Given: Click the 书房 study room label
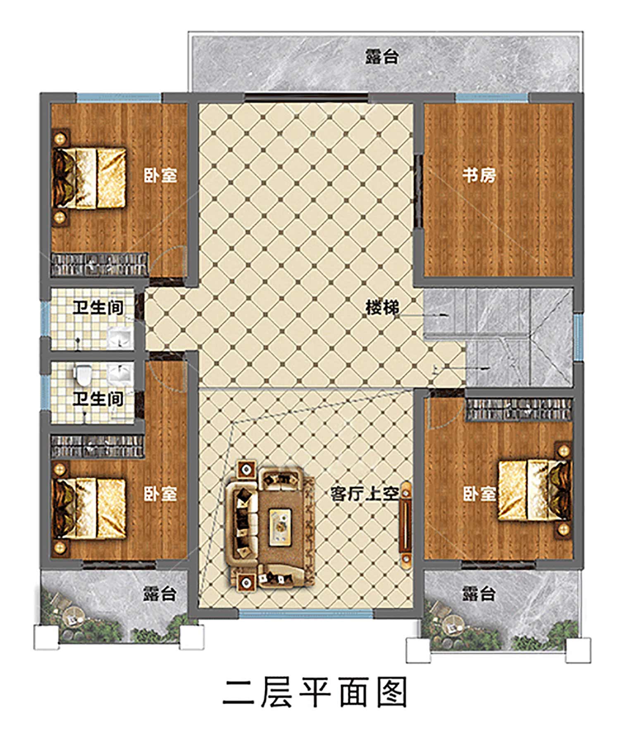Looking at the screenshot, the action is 479,175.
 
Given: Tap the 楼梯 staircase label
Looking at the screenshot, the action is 382,307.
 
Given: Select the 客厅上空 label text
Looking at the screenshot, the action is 365,493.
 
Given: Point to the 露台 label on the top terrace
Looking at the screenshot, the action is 382,57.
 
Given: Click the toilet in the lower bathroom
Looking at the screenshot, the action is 83,374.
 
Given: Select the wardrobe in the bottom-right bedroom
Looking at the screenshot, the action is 519,409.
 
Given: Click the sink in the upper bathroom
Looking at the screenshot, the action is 120,338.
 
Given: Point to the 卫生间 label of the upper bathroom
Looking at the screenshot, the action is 98,307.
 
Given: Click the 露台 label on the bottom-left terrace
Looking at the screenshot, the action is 160,594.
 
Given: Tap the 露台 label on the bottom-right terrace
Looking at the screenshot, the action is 479,594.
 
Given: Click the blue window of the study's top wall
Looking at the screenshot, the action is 492,98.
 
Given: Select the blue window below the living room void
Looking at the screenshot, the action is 306,614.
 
